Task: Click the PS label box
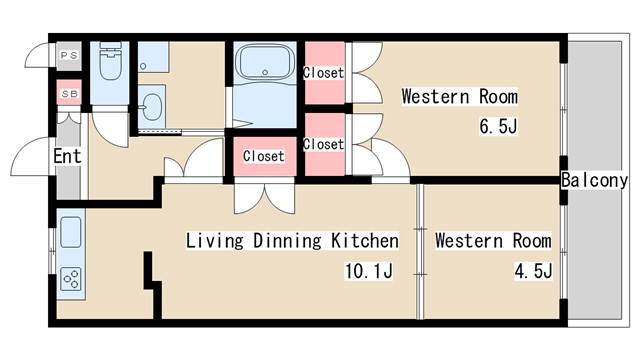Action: pyautogui.click(x=69, y=56)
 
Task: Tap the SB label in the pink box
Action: pyautogui.click(x=69, y=93)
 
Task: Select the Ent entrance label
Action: pyautogui.click(x=67, y=156)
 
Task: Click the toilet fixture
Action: pyautogui.click(x=110, y=60)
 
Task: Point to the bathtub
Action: pyautogui.click(x=265, y=62)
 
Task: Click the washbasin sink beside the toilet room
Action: pyautogui.click(x=152, y=107)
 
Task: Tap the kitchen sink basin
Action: pyautogui.click(x=71, y=232)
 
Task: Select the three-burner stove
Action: pyautogui.click(x=71, y=279)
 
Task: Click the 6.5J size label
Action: pyautogui.click(x=498, y=126)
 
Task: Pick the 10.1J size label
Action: pyautogui.click(x=369, y=271)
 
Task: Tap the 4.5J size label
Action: pyautogui.click(x=533, y=271)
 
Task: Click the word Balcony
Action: pyautogui.click(x=594, y=180)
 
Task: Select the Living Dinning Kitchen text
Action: pyautogui.click(x=293, y=240)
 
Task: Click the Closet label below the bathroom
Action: pyautogui.click(x=264, y=156)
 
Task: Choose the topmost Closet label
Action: pyautogui.click(x=324, y=73)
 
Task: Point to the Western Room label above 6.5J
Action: pyautogui.click(x=460, y=96)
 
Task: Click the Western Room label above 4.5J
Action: pyautogui.click(x=493, y=240)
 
